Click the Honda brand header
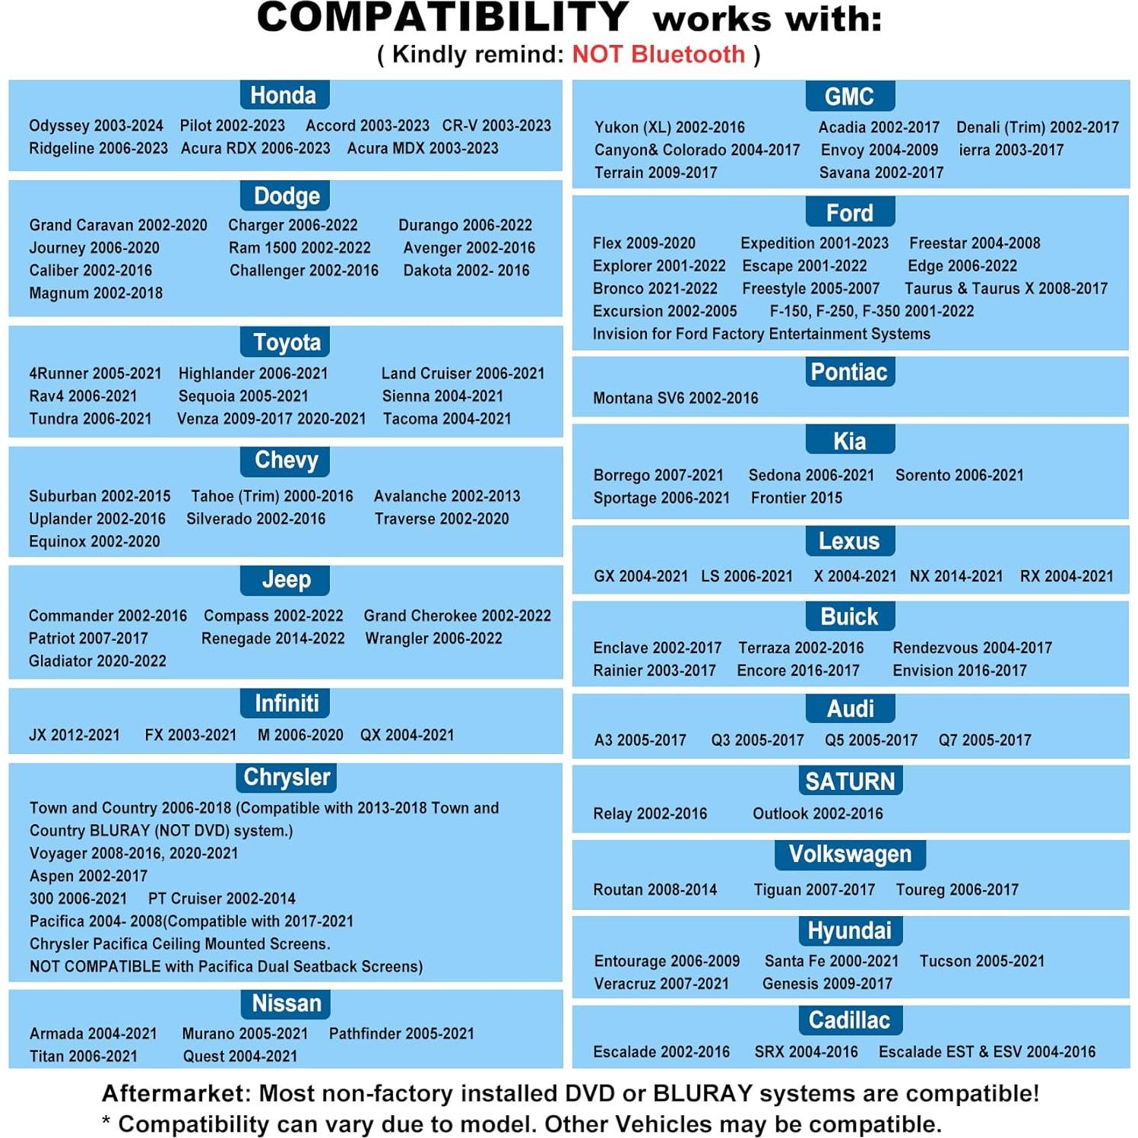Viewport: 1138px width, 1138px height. click(284, 96)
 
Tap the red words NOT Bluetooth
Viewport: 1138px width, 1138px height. click(658, 55)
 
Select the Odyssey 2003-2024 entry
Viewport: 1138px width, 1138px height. click(96, 125)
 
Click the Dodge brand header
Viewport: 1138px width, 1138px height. click(287, 196)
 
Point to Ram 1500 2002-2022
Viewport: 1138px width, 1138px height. click(300, 248)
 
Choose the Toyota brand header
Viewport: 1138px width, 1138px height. click(287, 343)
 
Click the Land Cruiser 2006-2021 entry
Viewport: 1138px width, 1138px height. click(463, 373)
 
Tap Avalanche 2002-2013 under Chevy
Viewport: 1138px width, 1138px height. click(447, 496)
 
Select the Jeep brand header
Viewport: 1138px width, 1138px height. click(286, 580)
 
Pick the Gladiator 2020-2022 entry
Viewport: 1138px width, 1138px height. click(97, 661)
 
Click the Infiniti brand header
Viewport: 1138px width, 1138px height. click(287, 704)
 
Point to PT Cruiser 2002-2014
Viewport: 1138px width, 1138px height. click(222, 899)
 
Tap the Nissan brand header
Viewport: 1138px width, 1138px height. click(287, 1003)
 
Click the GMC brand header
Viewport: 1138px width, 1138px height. click(849, 97)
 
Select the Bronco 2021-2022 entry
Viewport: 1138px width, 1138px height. click(655, 289)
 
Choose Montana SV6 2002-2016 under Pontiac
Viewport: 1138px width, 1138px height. click(676, 398)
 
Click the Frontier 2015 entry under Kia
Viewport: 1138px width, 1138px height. click(797, 498)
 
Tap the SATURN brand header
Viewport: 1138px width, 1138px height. click(850, 781)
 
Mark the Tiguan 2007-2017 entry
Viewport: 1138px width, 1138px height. click(814, 890)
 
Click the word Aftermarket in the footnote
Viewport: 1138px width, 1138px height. click(175, 1094)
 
